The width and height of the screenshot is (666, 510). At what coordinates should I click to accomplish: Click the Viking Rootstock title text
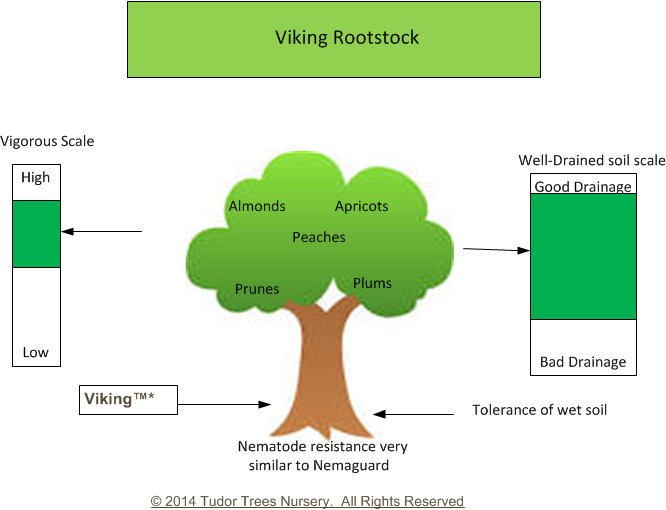pyautogui.click(x=347, y=37)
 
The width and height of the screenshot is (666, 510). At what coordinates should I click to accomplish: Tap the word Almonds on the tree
pyautogui.click(x=257, y=206)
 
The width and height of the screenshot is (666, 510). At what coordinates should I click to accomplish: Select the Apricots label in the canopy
pyautogui.click(x=361, y=206)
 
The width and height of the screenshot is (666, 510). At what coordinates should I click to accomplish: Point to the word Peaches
pyautogui.click(x=319, y=237)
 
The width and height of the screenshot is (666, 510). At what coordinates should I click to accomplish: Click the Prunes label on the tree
pyautogui.click(x=257, y=289)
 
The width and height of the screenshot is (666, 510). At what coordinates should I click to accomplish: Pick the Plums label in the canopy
pyautogui.click(x=372, y=283)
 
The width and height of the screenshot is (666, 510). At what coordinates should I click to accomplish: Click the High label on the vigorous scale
pyautogui.click(x=36, y=177)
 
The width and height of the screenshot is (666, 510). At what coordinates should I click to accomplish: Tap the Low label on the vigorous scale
pyautogui.click(x=36, y=352)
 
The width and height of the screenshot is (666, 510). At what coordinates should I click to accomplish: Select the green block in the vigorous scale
pyautogui.click(x=37, y=234)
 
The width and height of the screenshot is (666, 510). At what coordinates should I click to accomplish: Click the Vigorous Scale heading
pyautogui.click(x=47, y=141)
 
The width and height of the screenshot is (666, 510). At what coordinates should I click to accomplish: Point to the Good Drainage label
pyautogui.click(x=583, y=187)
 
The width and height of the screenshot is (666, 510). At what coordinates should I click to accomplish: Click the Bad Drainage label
pyautogui.click(x=583, y=362)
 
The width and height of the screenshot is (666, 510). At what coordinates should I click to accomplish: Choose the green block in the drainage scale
pyautogui.click(x=583, y=256)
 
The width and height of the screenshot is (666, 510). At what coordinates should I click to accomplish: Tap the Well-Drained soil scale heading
pyautogui.click(x=592, y=161)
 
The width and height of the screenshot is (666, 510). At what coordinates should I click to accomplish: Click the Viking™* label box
pyautogui.click(x=128, y=400)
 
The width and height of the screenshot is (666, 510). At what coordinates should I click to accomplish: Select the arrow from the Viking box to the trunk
pyautogui.click(x=224, y=404)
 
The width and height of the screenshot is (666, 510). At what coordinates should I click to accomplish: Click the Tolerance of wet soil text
pyautogui.click(x=539, y=410)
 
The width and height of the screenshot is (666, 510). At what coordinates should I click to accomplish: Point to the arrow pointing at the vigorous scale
pyautogui.click(x=102, y=231)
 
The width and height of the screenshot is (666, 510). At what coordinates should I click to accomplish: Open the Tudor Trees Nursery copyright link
pyautogui.click(x=307, y=501)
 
